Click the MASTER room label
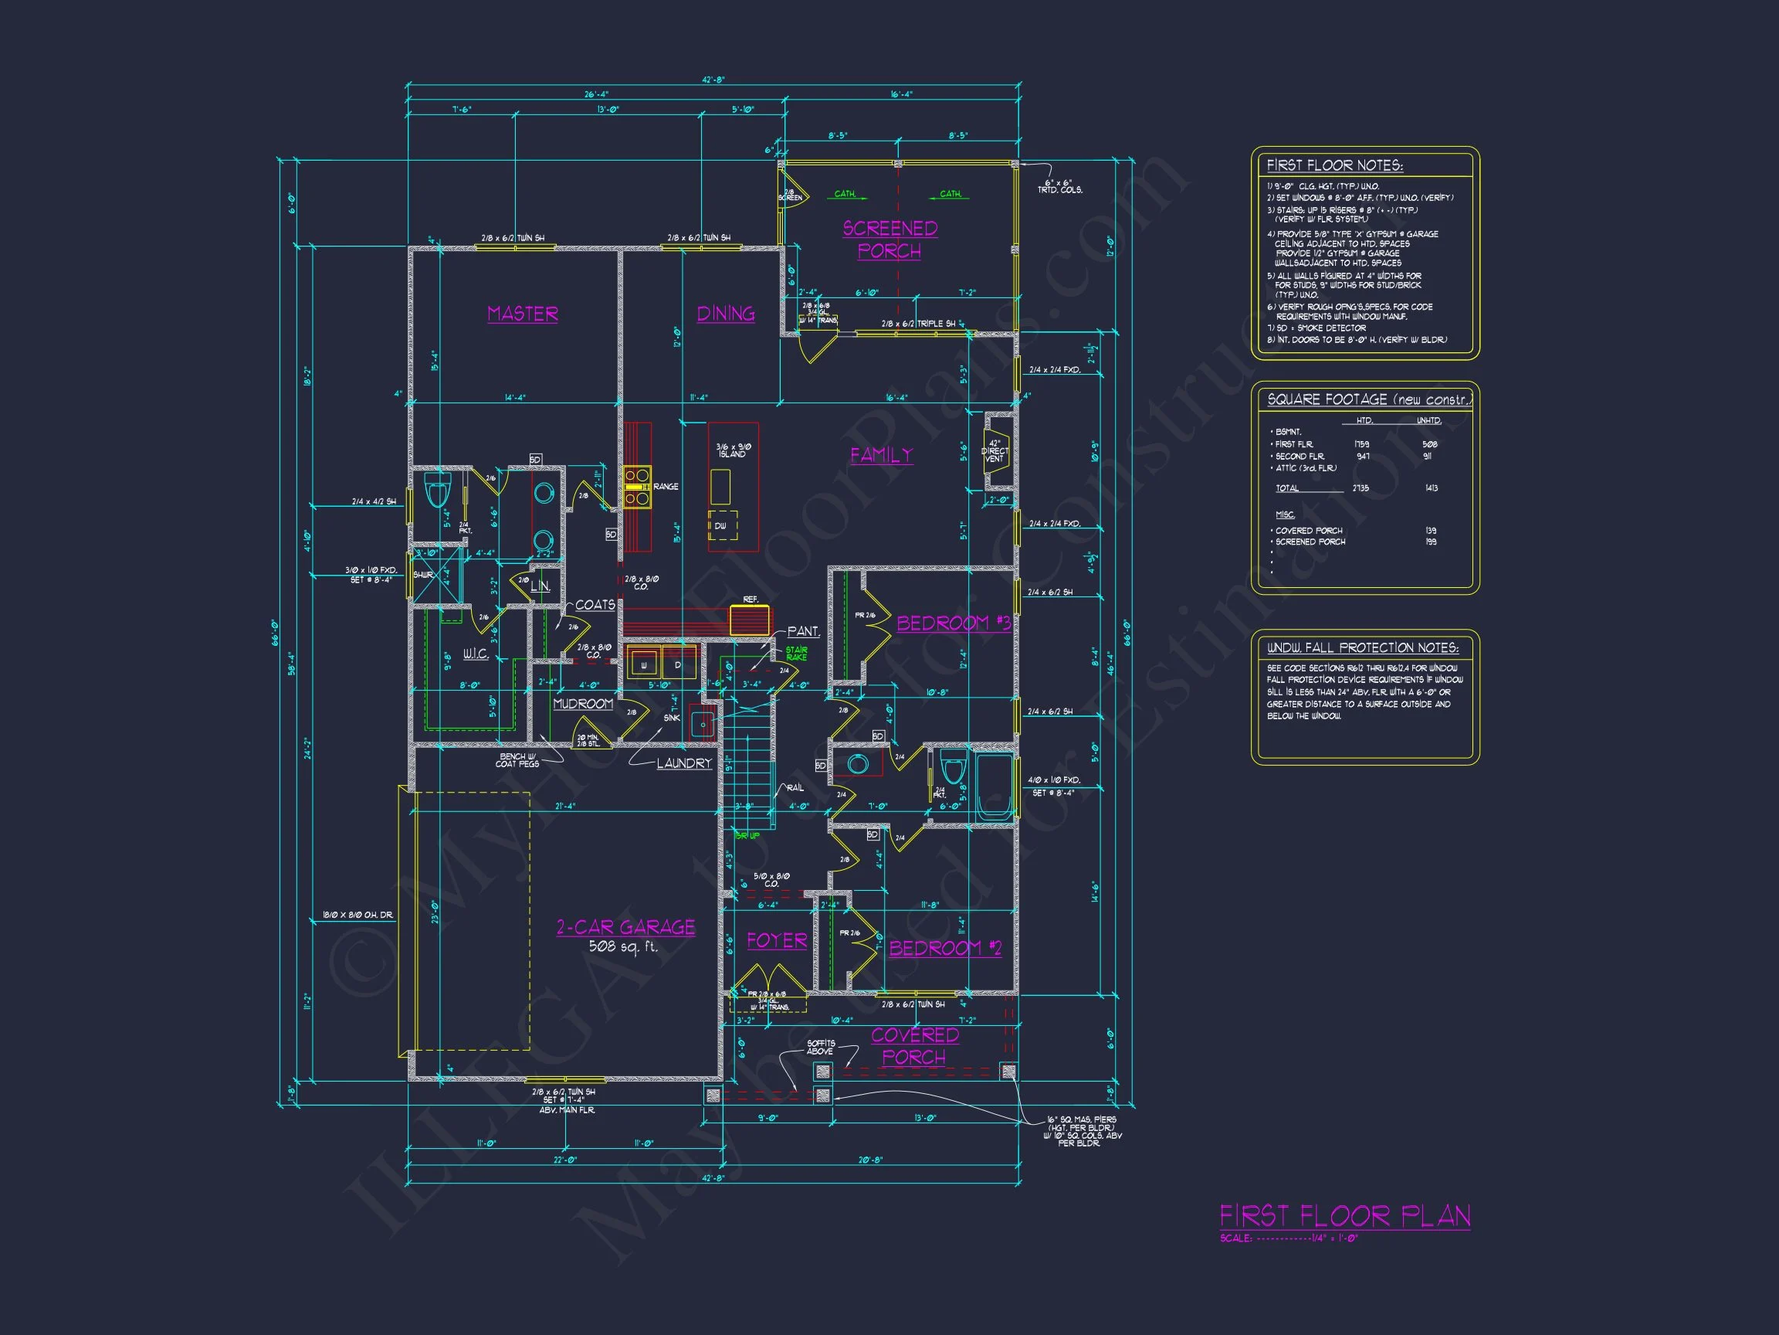[523, 314]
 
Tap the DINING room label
[726, 314]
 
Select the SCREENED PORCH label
[889, 239]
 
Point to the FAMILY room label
[882, 454]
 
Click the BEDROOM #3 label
[953, 623]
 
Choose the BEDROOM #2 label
[945, 948]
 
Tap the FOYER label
[776, 941]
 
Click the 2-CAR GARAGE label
[625, 927]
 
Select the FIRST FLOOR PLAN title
[1345, 1216]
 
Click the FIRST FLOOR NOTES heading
[1334, 166]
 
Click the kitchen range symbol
[637, 487]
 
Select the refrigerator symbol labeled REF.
[750, 620]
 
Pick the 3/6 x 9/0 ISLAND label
[732, 450]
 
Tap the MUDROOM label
[583, 704]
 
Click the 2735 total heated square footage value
[1361, 488]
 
